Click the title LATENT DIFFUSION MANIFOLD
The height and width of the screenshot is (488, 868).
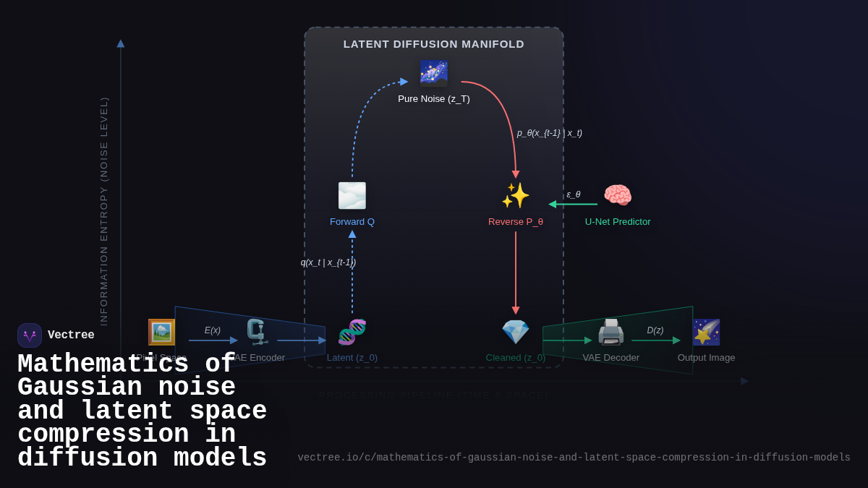click(x=434, y=44)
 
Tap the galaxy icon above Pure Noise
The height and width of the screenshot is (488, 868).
click(x=434, y=73)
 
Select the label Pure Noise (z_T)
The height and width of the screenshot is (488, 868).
click(x=434, y=99)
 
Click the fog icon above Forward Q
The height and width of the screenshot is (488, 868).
click(x=352, y=195)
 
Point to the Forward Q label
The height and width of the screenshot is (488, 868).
click(x=352, y=222)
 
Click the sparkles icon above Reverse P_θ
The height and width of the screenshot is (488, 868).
click(x=516, y=195)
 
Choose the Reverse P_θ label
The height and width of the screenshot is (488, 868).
click(x=516, y=222)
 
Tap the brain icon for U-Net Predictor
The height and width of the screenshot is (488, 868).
click(x=618, y=195)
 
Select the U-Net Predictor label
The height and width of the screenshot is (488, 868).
click(x=618, y=222)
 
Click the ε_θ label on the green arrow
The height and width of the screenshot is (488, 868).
click(x=574, y=194)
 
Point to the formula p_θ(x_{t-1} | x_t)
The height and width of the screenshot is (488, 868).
click(x=550, y=133)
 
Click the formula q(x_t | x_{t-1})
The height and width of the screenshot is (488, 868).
click(x=328, y=262)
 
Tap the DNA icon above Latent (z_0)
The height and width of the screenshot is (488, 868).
click(x=352, y=333)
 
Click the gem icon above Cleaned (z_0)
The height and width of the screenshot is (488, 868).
click(x=516, y=333)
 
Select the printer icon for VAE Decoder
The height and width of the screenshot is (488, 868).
click(x=611, y=333)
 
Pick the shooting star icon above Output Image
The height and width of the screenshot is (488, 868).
click(x=706, y=333)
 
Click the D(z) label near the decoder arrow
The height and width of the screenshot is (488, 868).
click(x=655, y=330)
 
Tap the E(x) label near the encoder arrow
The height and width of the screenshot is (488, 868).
click(x=213, y=330)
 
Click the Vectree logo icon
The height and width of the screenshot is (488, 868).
click(x=30, y=335)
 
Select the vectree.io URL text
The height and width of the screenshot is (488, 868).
click(x=574, y=458)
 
